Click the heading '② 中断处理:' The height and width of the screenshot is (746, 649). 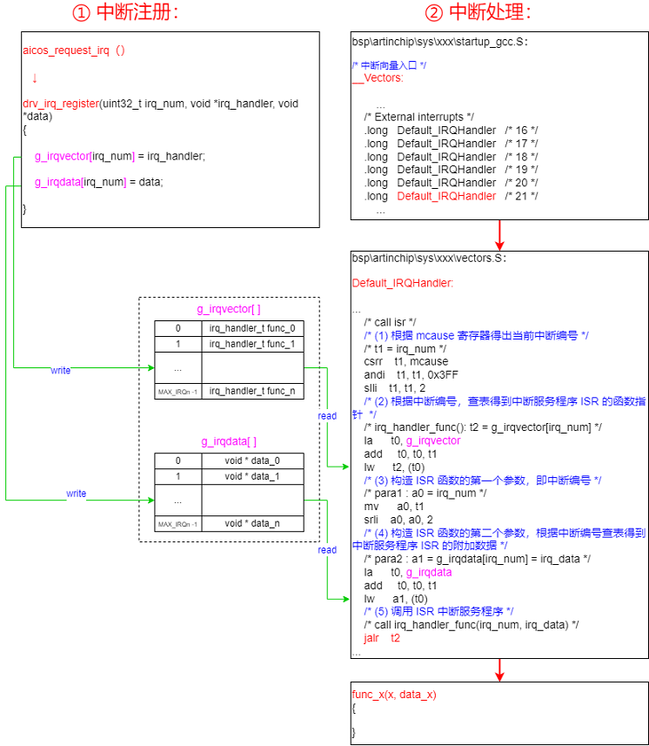pos(478,13)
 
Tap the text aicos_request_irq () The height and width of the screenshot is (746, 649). pos(73,50)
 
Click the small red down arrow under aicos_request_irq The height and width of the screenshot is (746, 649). pos(35,77)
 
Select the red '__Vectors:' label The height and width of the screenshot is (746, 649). pos(378,78)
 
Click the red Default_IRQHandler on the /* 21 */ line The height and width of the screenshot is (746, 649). pos(446,196)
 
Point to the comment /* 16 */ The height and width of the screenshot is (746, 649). pos(521,131)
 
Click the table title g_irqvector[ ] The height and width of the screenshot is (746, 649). pos(230,309)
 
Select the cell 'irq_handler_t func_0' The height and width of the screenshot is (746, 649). pos(253,328)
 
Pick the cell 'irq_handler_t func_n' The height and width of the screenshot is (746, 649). pos(253,391)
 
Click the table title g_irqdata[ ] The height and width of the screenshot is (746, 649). pos(230,441)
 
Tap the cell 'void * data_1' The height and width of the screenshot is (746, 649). pos(253,476)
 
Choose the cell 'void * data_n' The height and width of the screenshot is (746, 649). pos(253,523)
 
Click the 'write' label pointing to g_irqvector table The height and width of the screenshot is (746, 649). pos(61,370)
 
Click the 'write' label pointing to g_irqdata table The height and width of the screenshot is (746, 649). pos(77,494)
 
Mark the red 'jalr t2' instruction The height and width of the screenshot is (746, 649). pos(383,638)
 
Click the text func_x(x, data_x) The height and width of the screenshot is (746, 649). pos(393,694)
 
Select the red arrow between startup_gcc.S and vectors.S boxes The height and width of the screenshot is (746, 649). pos(500,233)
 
